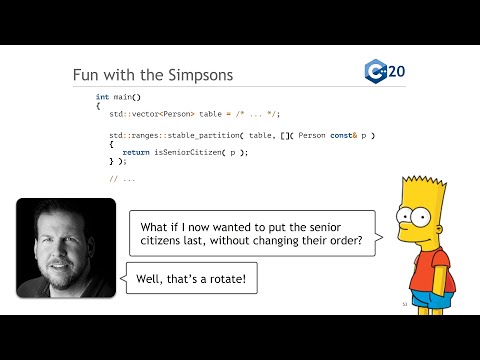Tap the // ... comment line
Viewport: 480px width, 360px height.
coord(122,178)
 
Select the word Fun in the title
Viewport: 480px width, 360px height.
coord(88,76)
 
